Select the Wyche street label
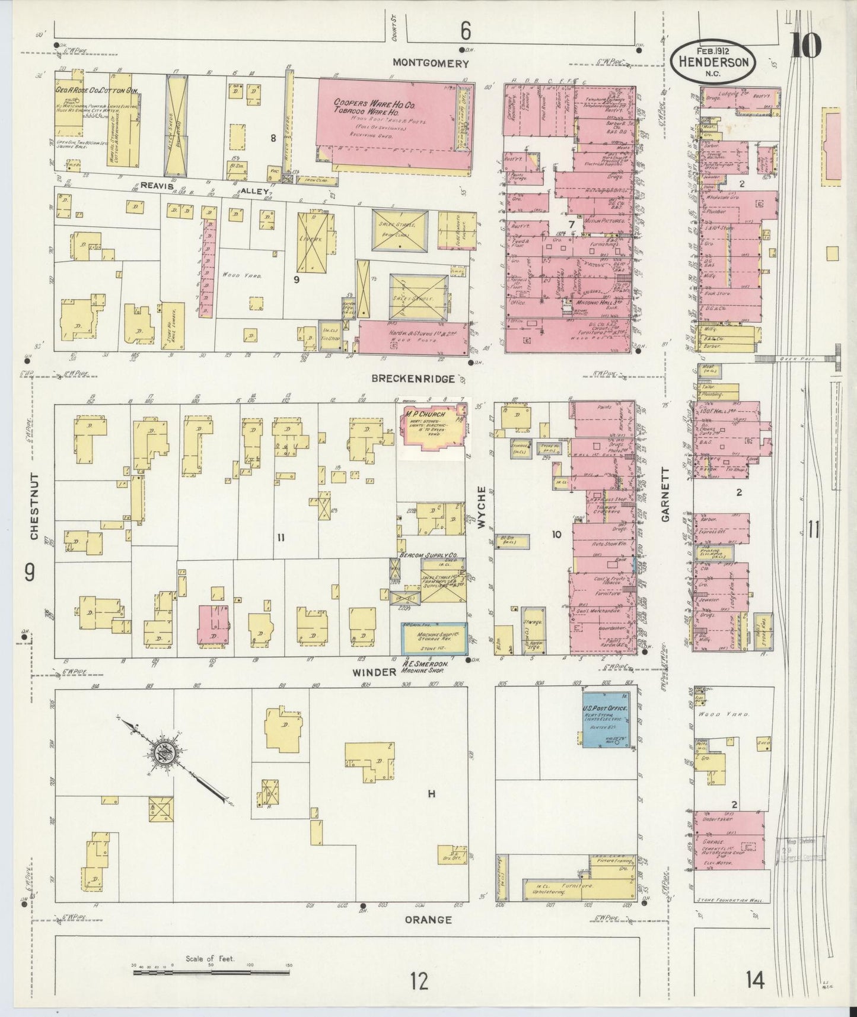tap(482, 507)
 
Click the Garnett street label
tap(665, 502)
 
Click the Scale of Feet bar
tap(211, 971)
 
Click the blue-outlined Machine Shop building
tap(434, 638)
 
